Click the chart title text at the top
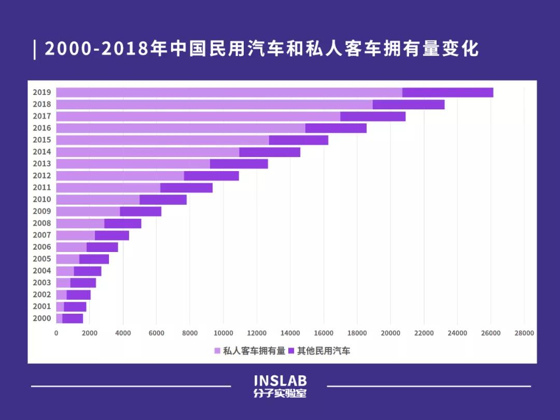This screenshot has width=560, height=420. point(261,49)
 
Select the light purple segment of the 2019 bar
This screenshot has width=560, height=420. point(229,92)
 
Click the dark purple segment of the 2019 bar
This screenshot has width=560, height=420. point(447,92)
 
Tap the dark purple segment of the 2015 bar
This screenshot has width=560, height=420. point(298,140)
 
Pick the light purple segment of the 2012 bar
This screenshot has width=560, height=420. point(120,176)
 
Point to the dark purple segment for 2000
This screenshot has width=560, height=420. point(73,318)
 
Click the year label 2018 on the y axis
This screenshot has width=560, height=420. point(41,104)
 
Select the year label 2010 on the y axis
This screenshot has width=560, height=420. point(41,200)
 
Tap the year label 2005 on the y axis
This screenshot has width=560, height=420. point(41,259)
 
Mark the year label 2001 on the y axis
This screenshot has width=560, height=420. point(41,306)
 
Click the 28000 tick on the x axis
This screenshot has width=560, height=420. point(524,333)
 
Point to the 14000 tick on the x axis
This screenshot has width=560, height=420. point(290,333)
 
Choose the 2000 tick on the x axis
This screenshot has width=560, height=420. point(90,333)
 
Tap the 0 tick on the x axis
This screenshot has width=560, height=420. point(57,333)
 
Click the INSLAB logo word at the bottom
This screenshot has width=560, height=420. point(280,381)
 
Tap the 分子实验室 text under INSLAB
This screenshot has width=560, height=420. point(280,394)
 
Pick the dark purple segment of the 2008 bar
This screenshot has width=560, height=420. point(122,223)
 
